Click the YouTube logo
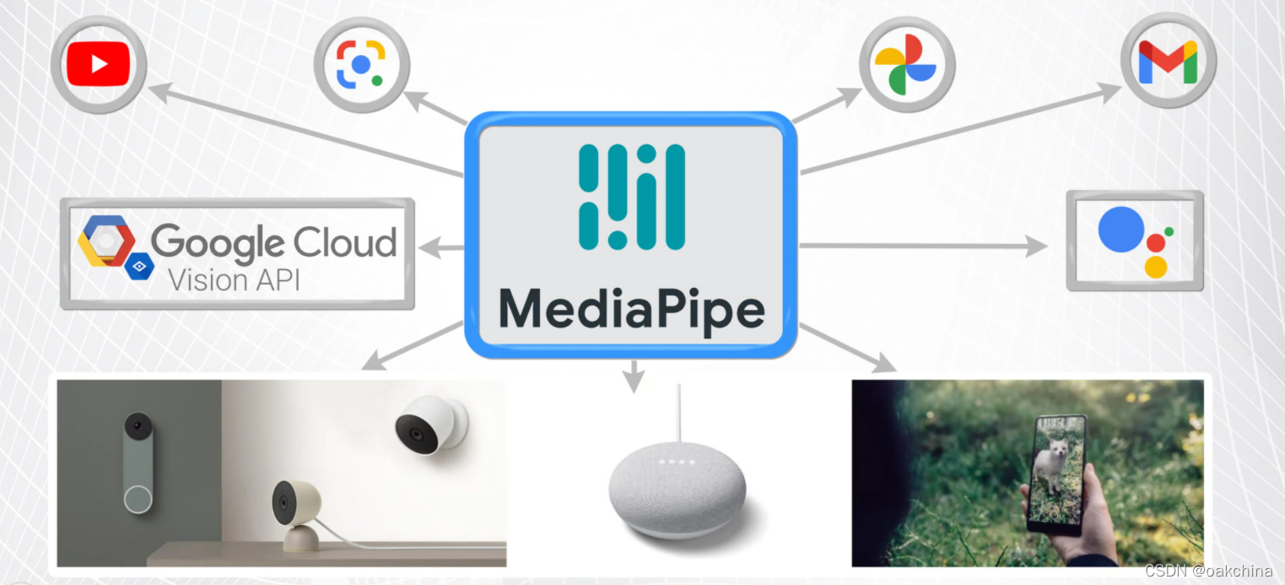click(99, 64)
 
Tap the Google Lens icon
click(361, 64)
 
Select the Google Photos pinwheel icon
click(906, 64)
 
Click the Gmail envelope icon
click(1168, 62)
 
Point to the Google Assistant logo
click(1135, 241)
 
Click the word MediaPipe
click(631, 309)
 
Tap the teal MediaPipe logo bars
click(631, 197)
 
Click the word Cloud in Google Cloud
click(334, 243)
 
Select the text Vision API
click(234, 279)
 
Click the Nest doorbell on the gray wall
click(138, 463)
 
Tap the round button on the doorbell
click(138, 499)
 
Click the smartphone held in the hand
click(1057, 474)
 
